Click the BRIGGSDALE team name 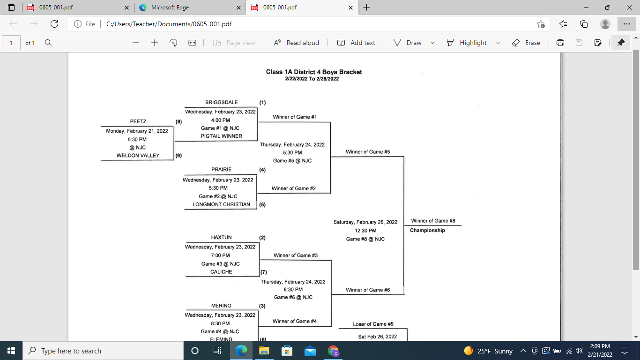click(221, 102)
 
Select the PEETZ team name click(138, 121)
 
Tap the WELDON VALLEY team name click(138, 156)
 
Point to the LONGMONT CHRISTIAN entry click(221, 204)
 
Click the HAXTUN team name click(221, 238)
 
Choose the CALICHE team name click(221, 272)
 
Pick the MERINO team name click(221, 306)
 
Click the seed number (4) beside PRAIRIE click(262, 170)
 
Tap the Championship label click(427, 230)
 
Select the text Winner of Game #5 click(368, 152)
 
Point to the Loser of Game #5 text click(373, 324)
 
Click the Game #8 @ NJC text click(365, 239)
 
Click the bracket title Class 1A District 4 click(314, 72)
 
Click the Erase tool click(526, 43)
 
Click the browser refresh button click(54, 24)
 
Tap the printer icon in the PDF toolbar click(560, 43)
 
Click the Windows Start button click(11, 351)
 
